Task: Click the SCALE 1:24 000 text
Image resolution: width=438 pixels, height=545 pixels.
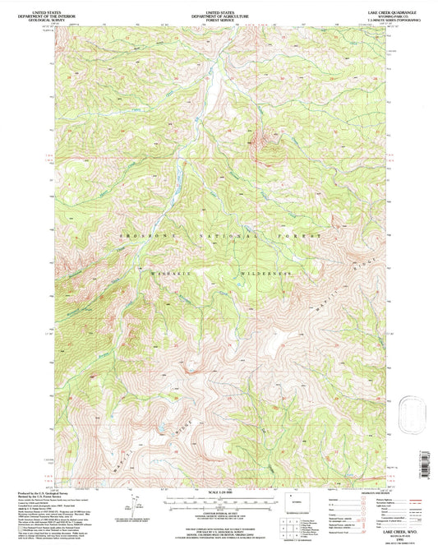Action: [x=219, y=492]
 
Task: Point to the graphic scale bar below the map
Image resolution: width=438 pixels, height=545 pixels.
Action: [x=219, y=499]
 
